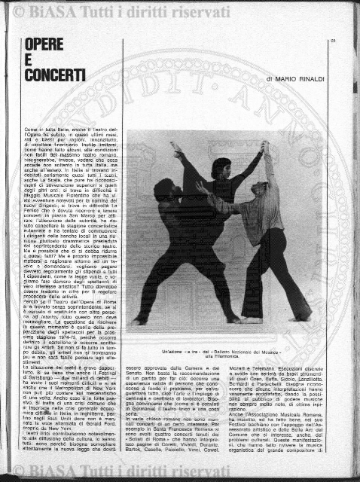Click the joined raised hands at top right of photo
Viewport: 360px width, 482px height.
tap(264, 147)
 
